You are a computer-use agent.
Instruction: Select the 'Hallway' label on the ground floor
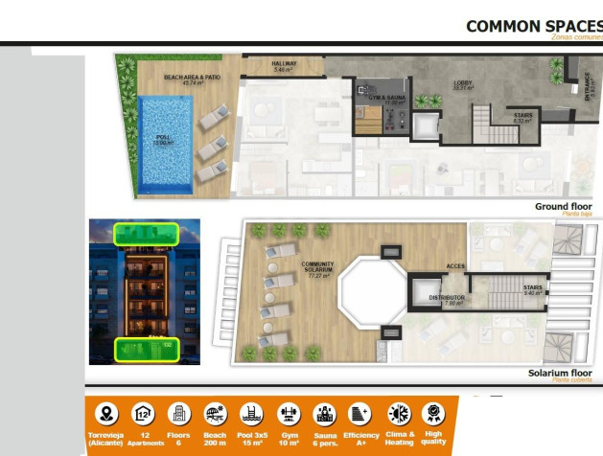[282, 67]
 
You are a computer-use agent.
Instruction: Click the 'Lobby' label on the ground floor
[463, 85]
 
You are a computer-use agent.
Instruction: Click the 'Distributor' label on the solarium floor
[447, 300]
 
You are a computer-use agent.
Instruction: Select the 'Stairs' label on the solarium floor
[535, 289]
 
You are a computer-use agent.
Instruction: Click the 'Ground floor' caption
[563, 207]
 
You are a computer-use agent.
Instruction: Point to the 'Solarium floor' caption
[560, 374]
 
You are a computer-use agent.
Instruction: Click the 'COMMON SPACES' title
[533, 26]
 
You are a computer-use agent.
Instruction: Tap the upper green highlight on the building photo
[146, 233]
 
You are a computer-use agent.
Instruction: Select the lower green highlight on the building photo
[146, 349]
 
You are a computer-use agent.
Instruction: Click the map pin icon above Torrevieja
[107, 414]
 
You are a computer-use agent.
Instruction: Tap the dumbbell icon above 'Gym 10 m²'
[288, 414]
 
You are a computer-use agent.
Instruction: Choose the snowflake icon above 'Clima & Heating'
[398, 414]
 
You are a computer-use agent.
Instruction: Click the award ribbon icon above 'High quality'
[433, 414]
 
